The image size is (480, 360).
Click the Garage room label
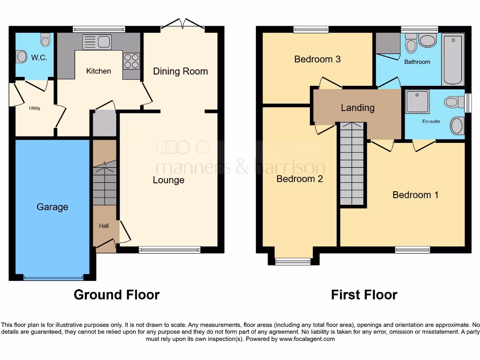click(x=52, y=207)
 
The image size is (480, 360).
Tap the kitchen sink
click(x=96, y=42)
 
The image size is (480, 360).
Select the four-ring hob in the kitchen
click(x=131, y=60)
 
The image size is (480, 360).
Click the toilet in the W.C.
click(x=45, y=40)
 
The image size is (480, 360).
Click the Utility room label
click(x=34, y=108)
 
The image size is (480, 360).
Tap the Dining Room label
click(x=180, y=71)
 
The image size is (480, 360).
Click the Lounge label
click(x=168, y=180)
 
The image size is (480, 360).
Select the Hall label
click(x=104, y=226)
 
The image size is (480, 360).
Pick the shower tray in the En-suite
click(x=417, y=102)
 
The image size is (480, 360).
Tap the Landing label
click(x=357, y=108)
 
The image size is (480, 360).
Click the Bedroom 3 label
click(x=317, y=59)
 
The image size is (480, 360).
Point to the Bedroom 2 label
click(x=300, y=179)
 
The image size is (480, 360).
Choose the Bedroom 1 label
click(x=415, y=195)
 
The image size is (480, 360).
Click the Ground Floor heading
click(x=117, y=295)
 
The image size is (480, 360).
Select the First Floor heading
click(x=364, y=295)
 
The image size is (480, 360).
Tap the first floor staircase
click(x=352, y=164)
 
